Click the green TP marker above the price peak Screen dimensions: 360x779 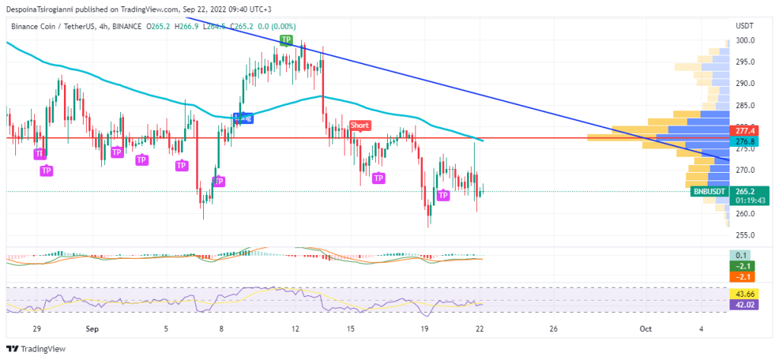(286, 39)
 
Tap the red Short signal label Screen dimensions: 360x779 (360, 125)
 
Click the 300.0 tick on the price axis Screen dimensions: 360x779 (744, 40)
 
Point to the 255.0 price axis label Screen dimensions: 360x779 (744, 235)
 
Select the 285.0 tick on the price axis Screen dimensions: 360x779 (744, 105)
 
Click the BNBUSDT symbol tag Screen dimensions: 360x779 (709, 192)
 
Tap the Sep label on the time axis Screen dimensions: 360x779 (92, 329)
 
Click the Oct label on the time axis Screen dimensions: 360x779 (646, 329)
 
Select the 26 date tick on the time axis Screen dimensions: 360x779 (553, 329)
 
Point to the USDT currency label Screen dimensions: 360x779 (745, 26)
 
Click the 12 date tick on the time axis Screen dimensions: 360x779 (296, 329)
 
